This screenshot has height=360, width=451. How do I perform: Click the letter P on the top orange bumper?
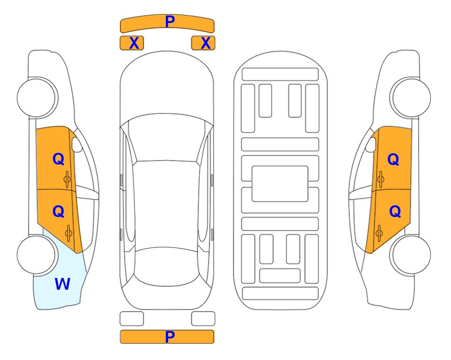click(170, 21)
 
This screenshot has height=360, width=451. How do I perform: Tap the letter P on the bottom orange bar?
click(170, 337)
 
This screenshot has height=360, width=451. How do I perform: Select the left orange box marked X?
click(132, 43)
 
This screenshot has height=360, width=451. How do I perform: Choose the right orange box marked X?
click(203, 43)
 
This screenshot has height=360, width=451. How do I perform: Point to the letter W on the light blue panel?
click(62, 284)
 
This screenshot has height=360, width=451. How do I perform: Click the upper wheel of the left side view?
click(37, 97)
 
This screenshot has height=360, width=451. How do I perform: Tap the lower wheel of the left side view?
click(37, 255)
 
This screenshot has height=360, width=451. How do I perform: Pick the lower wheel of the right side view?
click(411, 255)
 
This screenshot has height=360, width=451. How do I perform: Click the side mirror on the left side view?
click(76, 145)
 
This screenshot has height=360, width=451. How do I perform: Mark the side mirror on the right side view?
click(371, 145)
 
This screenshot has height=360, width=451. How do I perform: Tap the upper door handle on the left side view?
click(67, 179)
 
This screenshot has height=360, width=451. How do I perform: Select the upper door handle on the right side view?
click(380, 179)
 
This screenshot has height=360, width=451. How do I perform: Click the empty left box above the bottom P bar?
click(132, 319)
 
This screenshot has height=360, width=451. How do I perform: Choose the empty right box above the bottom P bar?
click(203, 319)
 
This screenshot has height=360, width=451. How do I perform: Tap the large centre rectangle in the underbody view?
click(280, 184)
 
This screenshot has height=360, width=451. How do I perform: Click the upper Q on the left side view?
click(59, 159)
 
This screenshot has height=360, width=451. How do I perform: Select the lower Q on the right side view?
click(395, 212)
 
